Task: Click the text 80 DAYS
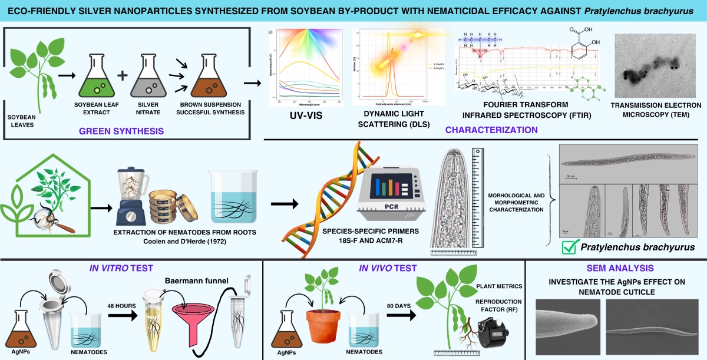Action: point(396,306)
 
